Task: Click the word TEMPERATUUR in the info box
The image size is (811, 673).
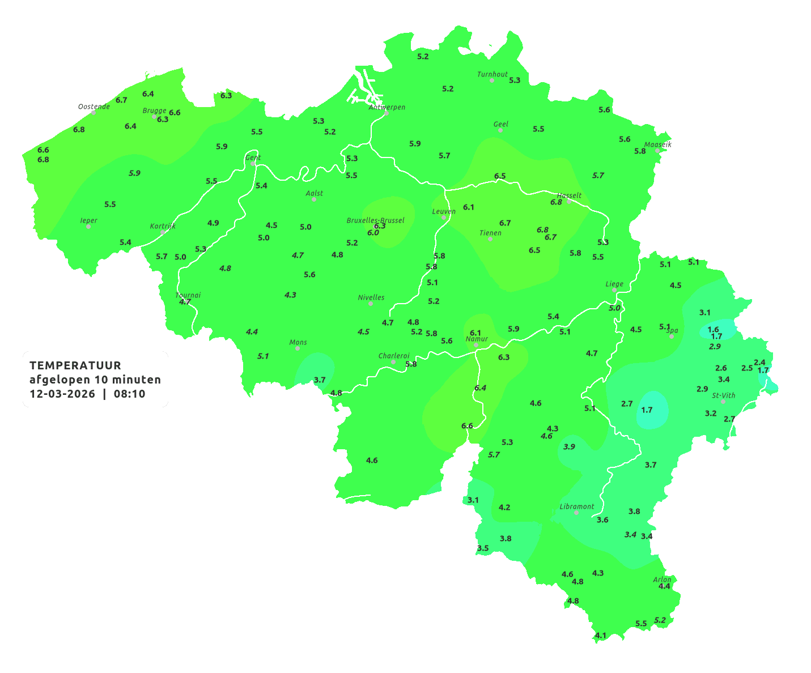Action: click(75, 365)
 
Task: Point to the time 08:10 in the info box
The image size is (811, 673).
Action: click(129, 394)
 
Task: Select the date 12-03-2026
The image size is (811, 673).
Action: click(62, 394)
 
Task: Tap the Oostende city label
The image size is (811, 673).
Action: click(94, 107)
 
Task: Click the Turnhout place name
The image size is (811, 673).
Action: click(492, 74)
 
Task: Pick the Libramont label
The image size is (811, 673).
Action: click(576, 506)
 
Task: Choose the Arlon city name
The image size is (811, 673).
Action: click(662, 580)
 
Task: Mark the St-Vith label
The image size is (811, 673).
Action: click(724, 395)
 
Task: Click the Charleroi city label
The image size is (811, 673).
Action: click(394, 356)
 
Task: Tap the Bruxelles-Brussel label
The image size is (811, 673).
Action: click(375, 220)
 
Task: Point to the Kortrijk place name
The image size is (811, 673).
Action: click(163, 226)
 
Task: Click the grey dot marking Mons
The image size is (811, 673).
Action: click(298, 348)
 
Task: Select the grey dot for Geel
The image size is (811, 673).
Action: click(500, 130)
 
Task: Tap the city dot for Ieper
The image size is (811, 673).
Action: click(88, 227)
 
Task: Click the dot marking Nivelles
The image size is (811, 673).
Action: click(371, 304)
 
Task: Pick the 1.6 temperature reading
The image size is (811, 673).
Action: click(713, 329)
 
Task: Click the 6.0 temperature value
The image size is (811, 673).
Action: click(373, 233)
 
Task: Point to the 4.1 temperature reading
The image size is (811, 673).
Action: click(601, 636)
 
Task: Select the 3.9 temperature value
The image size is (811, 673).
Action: click(569, 446)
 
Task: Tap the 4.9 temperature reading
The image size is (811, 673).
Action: click(213, 223)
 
